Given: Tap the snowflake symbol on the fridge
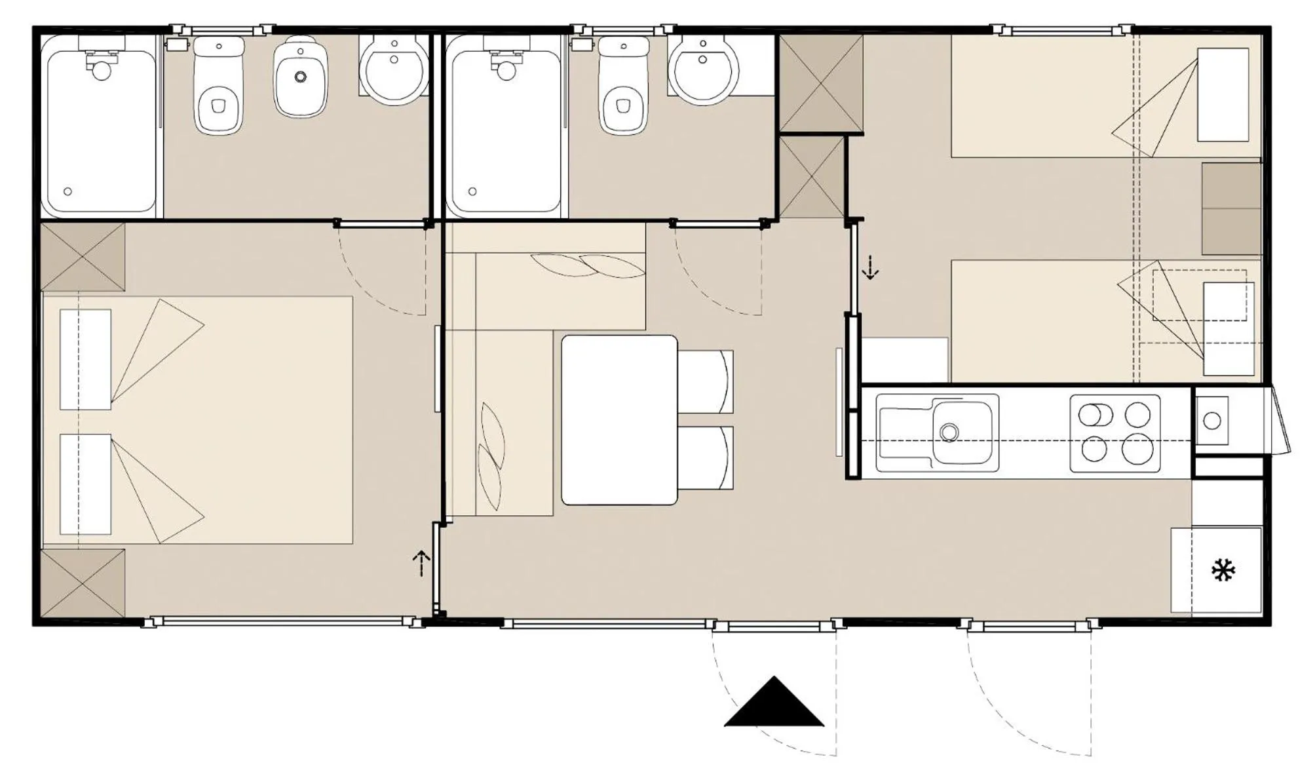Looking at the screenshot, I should tap(1223, 571).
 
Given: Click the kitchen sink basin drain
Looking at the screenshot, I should tap(949, 432).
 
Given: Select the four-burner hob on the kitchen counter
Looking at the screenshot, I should tap(1115, 433).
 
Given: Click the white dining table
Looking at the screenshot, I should tap(619, 420).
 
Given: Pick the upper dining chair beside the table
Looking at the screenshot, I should tap(705, 381).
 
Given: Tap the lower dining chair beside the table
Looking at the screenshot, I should tap(705, 457).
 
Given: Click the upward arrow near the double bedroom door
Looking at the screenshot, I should tap(421, 563).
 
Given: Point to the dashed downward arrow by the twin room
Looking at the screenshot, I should tap(870, 267).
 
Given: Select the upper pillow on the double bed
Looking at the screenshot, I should tap(85, 359).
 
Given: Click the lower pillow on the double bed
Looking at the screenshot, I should tap(85, 484).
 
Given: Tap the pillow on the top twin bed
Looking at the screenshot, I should tap(1223, 94).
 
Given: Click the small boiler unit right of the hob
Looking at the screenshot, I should tap(1211, 420).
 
